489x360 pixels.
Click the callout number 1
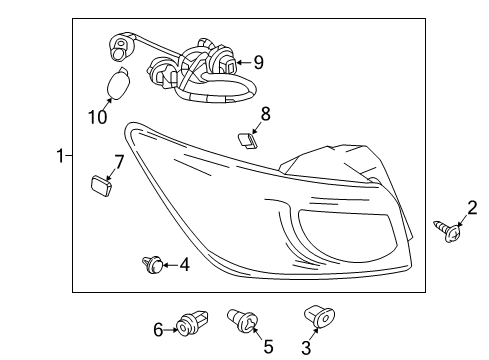coord(60,156)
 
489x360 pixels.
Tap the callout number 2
coord(472,208)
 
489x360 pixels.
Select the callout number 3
coord(306,348)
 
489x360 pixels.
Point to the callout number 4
coord(185,265)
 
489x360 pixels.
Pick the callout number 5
coord(268,346)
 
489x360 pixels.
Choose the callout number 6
coord(158,330)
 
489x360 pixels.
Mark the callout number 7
coord(119,162)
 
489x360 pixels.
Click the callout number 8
coord(265,114)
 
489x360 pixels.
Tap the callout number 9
coord(259,62)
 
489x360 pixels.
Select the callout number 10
coord(98,117)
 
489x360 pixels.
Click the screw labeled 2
coord(448,231)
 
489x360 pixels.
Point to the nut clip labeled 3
coord(319,316)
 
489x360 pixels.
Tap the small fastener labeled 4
coord(153,264)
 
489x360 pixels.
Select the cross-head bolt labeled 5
coord(243,320)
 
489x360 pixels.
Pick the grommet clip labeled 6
coord(192,323)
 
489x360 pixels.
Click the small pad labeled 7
coord(101,186)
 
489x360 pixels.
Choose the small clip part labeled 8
coord(248,141)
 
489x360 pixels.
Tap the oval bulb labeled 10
coord(118,83)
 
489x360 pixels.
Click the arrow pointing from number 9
coord(244,62)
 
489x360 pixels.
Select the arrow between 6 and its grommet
coord(171,330)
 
